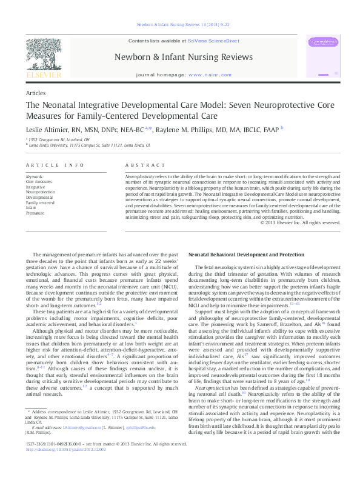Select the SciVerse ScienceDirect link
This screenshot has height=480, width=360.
tap(213, 41)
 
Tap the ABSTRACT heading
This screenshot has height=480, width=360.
tap(141, 165)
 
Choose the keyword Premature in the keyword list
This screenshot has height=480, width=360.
tap(35, 213)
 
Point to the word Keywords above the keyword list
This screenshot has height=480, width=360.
tap(35, 176)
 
